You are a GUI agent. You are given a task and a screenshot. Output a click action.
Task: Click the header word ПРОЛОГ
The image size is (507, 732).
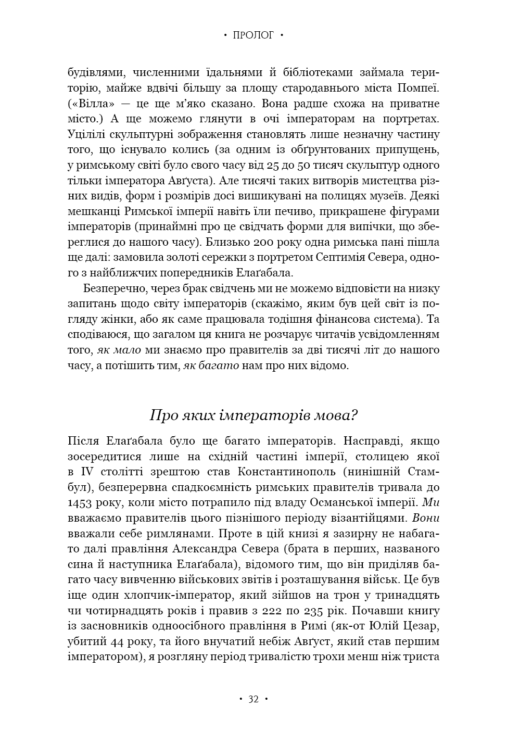point(253,35)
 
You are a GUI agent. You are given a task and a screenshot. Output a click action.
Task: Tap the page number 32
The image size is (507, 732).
point(253,699)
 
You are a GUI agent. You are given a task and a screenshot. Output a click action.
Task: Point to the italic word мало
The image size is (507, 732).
point(128,350)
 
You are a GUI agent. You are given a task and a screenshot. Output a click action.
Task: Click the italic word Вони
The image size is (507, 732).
point(426,519)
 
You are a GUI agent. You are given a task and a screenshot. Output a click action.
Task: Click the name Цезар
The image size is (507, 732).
point(422,626)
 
